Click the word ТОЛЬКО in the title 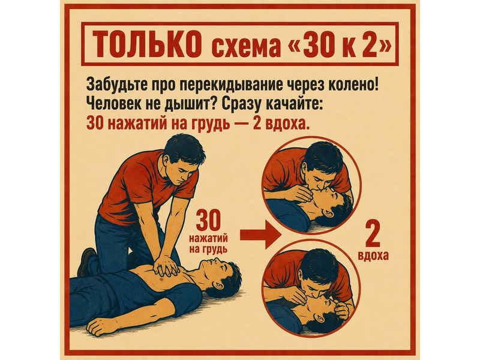pyautogui.click(x=145, y=44)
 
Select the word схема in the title pyautogui.click(x=245, y=47)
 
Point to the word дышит pyautogui.click(x=188, y=104)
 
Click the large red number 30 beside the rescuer pyautogui.click(x=208, y=220)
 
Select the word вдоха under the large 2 pyautogui.click(x=373, y=256)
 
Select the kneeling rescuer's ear pyautogui.click(x=166, y=159)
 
